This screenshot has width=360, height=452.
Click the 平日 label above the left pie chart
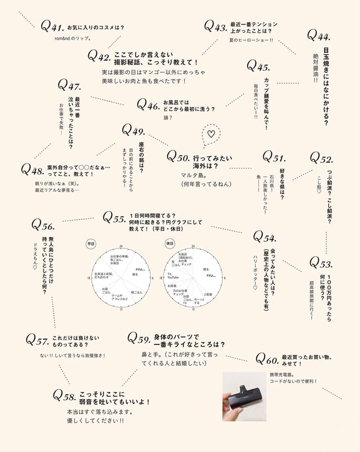pos(91,242)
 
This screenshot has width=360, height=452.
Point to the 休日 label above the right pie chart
pos(170,242)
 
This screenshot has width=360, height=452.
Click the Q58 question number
pos(64,395)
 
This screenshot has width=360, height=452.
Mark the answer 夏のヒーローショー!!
pos(251,39)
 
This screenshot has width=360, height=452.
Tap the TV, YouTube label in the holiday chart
pos(174,275)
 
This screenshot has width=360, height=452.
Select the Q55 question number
pos(114,218)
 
